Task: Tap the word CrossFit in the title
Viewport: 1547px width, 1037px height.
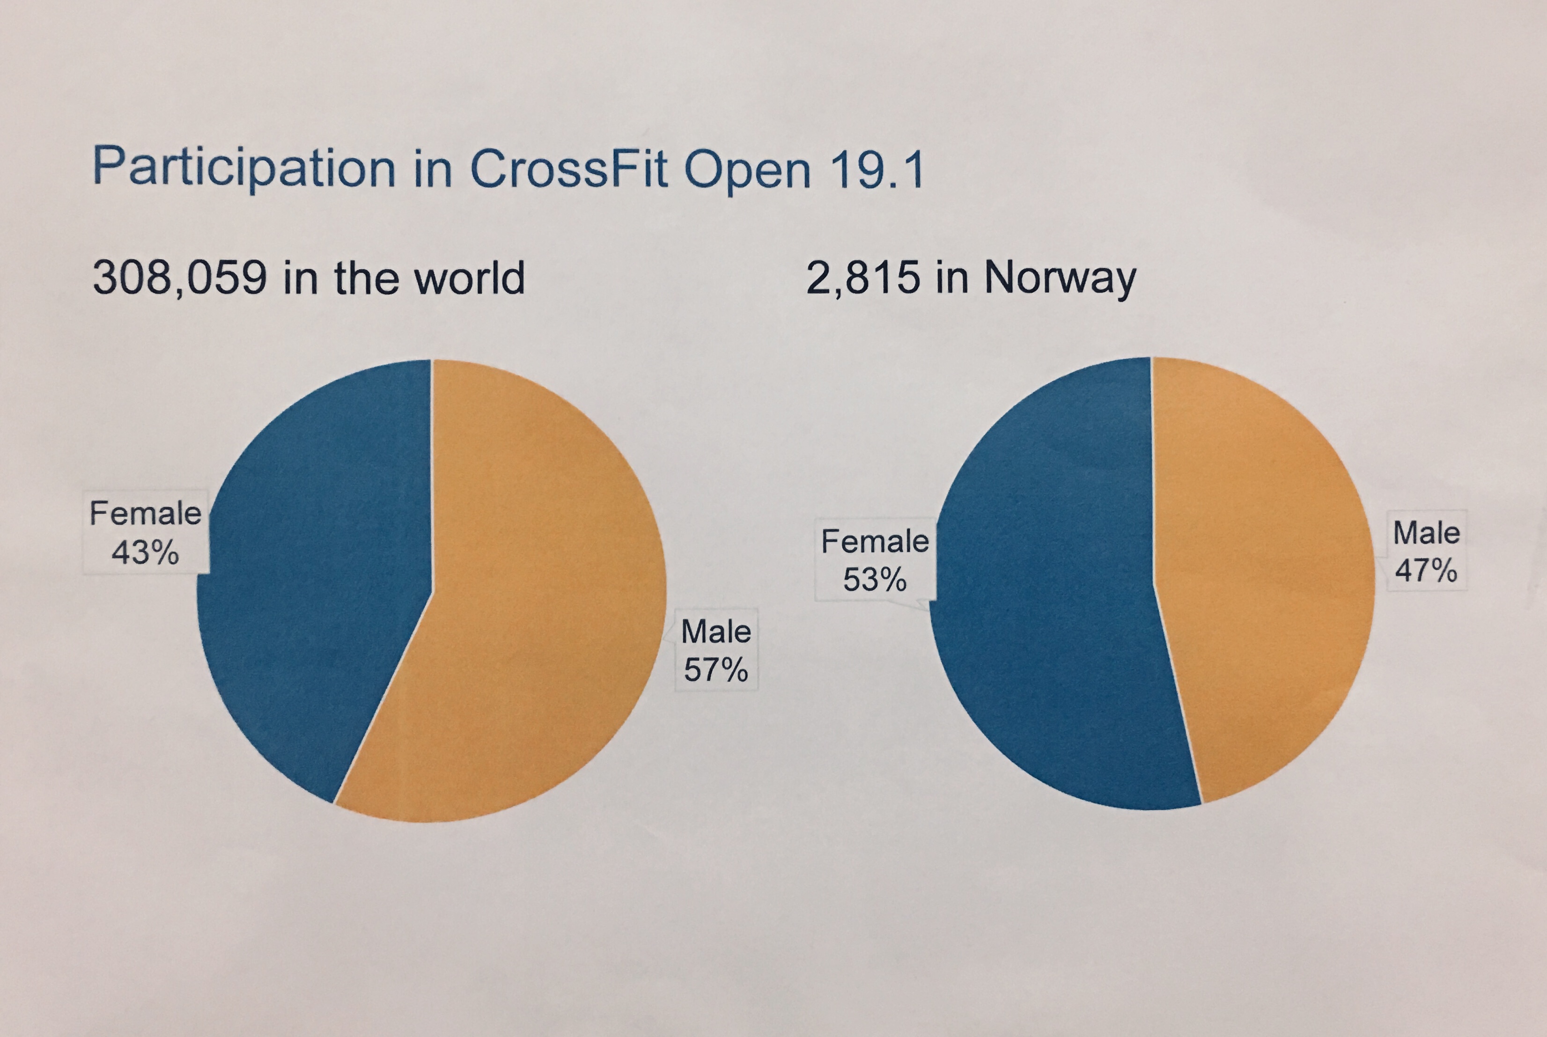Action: (569, 169)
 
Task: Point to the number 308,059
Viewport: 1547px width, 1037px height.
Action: (180, 278)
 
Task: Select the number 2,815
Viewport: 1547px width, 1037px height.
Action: (862, 278)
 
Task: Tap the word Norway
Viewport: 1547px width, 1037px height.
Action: (1060, 279)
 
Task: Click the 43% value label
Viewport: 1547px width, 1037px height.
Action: (145, 552)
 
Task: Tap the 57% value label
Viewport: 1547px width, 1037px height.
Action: (715, 670)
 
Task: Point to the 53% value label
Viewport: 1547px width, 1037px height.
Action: (874, 580)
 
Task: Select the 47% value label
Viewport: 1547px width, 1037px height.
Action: (1426, 570)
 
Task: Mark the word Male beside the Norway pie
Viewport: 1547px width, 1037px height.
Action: (1426, 533)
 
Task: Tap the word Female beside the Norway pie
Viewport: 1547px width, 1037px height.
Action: (874, 542)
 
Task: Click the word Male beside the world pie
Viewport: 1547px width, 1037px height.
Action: (715, 632)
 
